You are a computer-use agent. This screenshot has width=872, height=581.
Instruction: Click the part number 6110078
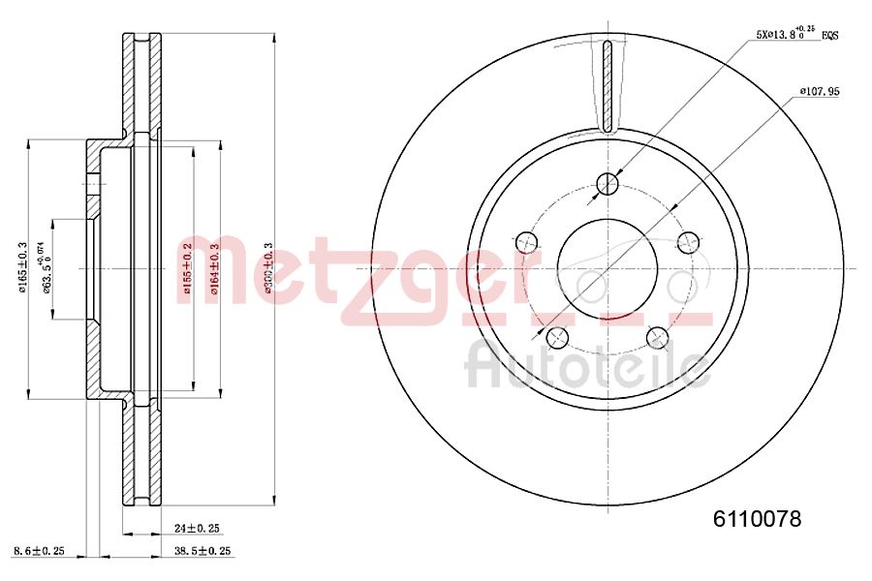click(x=758, y=519)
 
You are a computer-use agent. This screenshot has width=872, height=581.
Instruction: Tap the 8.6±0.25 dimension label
click(x=40, y=551)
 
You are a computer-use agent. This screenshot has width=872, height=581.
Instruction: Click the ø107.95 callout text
click(x=819, y=91)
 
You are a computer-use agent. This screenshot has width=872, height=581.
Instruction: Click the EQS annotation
click(x=829, y=35)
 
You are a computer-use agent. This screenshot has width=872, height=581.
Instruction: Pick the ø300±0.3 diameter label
click(x=268, y=268)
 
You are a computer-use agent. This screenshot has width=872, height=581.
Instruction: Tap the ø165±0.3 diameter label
click(x=21, y=268)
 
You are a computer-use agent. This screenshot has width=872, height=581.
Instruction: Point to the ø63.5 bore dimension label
click(x=44, y=268)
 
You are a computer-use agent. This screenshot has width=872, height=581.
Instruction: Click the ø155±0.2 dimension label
click(x=188, y=268)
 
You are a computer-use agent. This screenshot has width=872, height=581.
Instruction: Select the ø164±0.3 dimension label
click(x=215, y=268)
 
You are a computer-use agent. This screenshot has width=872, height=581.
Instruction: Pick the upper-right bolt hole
click(x=689, y=240)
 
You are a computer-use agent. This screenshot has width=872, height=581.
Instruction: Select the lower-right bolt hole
click(x=658, y=336)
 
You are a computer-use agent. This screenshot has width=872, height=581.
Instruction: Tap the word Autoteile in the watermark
click(x=587, y=366)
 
